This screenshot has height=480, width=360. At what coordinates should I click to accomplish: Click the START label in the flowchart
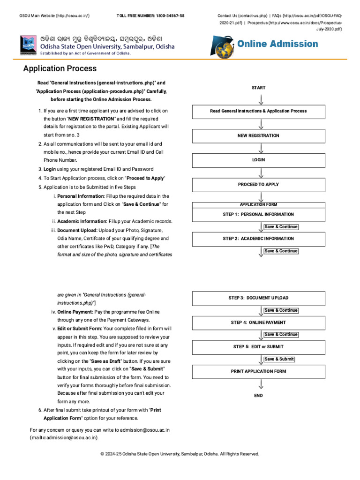(258, 88)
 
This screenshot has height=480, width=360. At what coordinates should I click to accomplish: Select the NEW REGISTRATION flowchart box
(258, 135)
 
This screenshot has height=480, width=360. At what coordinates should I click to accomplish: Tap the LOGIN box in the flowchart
(258, 160)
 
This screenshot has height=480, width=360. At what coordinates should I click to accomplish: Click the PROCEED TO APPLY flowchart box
(258, 184)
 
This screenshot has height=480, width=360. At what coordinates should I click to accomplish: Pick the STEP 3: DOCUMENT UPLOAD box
(258, 298)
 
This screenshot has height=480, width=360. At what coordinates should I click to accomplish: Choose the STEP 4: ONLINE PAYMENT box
(258, 322)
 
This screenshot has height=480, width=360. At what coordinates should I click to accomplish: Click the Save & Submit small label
(279, 359)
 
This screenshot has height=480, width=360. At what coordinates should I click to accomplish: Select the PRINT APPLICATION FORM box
(258, 371)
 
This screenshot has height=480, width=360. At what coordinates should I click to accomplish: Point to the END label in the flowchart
(258, 396)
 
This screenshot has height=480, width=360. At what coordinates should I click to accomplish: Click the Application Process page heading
(60, 69)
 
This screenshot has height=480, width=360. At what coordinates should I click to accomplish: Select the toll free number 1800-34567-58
(150, 15)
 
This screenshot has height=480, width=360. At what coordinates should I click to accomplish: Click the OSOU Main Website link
(54, 15)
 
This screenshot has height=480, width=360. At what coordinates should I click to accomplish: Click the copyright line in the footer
(180, 454)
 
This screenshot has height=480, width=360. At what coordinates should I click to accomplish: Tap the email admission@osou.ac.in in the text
(144, 430)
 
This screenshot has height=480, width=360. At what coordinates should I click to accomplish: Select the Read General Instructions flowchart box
(258, 111)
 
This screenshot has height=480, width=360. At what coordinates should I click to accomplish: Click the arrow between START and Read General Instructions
(261, 99)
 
